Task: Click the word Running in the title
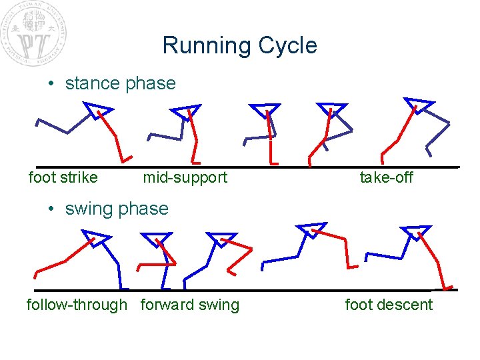tap(199, 46)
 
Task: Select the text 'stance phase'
tap(120, 83)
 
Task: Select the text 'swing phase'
tap(117, 209)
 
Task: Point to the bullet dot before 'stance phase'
tap(51, 84)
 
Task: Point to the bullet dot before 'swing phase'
tap(51, 209)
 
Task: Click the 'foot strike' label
tap(63, 177)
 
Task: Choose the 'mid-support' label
tap(185, 177)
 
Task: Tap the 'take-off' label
tap(386, 177)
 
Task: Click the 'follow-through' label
tap(77, 305)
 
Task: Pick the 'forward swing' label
tap(189, 305)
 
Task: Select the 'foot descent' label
tap(389, 305)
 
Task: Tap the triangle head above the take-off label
tap(418, 105)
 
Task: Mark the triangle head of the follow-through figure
tap(97, 237)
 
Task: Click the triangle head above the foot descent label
tap(417, 231)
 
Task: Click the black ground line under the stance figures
tap(247, 166)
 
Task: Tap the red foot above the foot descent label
tap(448, 287)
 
